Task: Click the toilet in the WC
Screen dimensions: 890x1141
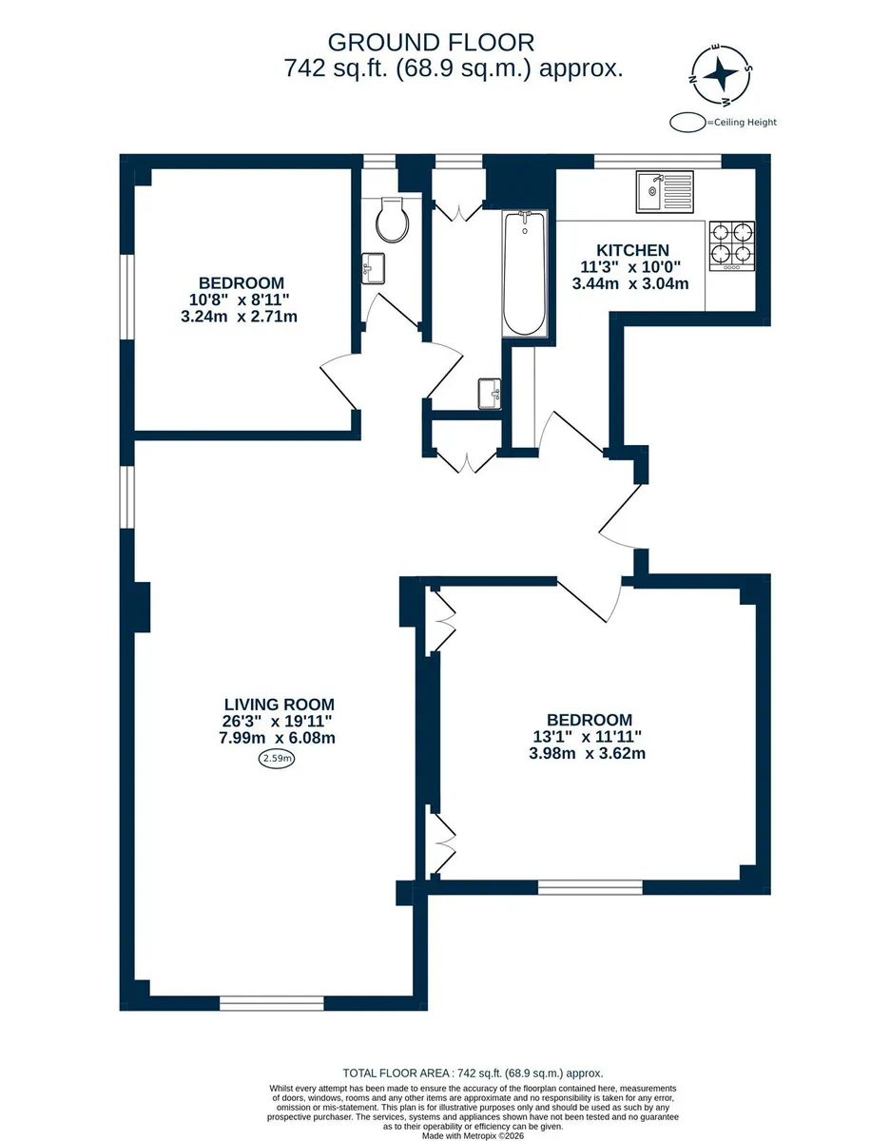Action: point(393,220)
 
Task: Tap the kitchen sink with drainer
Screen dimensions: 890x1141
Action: point(665,192)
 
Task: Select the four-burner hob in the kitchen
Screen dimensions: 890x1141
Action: point(732,245)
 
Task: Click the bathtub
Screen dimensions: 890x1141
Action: point(525,273)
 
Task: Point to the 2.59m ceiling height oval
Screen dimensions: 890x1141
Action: point(276,759)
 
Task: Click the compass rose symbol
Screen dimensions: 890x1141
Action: point(721,74)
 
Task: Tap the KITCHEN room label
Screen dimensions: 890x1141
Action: point(632,250)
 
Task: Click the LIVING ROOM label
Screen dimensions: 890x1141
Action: point(280,705)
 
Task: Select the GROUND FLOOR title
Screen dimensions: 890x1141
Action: point(431,43)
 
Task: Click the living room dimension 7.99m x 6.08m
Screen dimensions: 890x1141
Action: point(278,738)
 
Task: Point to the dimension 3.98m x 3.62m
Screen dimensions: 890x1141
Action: point(587,753)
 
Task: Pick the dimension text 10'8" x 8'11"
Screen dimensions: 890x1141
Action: point(239,300)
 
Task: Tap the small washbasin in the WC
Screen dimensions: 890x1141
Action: point(373,268)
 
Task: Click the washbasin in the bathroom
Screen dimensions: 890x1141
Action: point(490,394)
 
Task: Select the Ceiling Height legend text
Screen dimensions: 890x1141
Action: point(745,123)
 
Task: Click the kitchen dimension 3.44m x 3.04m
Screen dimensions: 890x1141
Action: point(630,283)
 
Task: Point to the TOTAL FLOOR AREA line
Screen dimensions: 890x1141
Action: point(473,1073)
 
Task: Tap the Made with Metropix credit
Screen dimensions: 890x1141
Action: point(474,1135)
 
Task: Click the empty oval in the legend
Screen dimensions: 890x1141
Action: point(687,123)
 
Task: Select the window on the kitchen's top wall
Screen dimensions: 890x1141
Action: point(657,162)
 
